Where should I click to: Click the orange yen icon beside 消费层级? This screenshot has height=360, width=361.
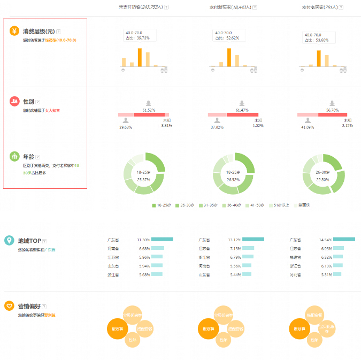click(x=14, y=31)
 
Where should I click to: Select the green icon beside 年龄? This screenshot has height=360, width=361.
click(x=14, y=156)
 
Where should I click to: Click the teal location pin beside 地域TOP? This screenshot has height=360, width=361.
click(x=9, y=240)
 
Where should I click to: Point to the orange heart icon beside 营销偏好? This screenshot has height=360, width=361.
click(x=9, y=306)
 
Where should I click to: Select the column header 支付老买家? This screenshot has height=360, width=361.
click(x=319, y=7)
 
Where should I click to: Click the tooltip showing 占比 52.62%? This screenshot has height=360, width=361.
click(x=228, y=35)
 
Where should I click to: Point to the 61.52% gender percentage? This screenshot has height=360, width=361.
click(x=148, y=110)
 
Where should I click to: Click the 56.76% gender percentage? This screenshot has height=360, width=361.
click(x=332, y=110)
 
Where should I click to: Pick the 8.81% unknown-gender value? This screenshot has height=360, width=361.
click(x=167, y=126)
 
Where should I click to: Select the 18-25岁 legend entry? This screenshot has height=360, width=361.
click(x=163, y=205)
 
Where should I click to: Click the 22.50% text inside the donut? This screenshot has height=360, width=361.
click(x=322, y=180)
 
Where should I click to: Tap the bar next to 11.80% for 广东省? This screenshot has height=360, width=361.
click(x=162, y=240)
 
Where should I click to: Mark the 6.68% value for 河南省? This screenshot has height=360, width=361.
click(x=144, y=248)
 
